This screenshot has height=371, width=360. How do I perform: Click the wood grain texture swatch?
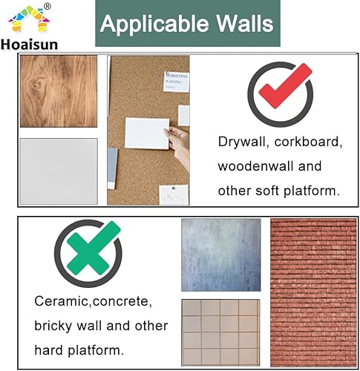tap(58, 92)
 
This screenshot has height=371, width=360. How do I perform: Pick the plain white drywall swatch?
tap(58, 171)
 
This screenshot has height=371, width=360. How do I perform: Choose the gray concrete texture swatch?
tap(220, 255)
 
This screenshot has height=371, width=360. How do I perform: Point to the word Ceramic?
tap(62, 301)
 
